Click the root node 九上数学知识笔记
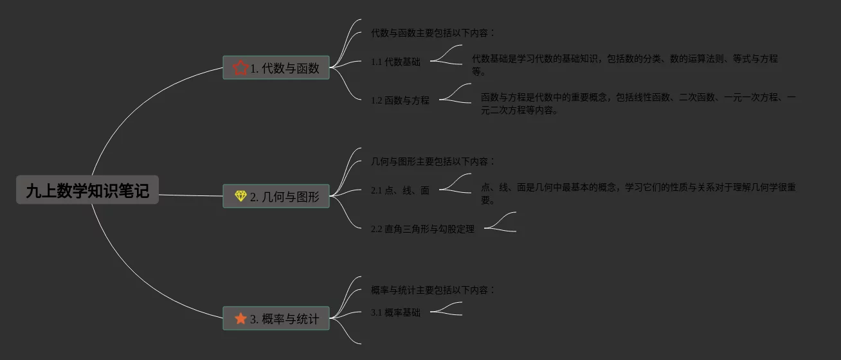click(87, 190)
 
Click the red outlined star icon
click(240, 67)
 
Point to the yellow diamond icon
click(240, 196)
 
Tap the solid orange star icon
click(240, 318)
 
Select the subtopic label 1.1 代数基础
click(395, 62)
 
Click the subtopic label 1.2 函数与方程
click(400, 100)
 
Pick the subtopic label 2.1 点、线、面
click(400, 190)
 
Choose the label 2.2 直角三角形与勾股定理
click(422, 229)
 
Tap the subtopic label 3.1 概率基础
click(395, 312)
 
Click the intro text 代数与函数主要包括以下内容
click(433, 33)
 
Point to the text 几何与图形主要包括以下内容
click(433, 161)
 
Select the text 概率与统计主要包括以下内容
click(433, 290)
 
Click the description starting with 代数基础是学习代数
click(624, 59)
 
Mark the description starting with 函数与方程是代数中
click(637, 98)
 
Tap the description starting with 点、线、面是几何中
click(637, 188)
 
